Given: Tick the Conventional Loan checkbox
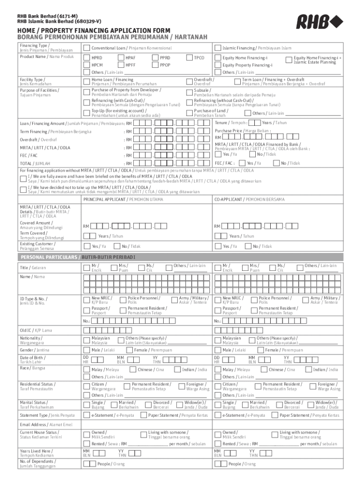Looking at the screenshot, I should (86, 48).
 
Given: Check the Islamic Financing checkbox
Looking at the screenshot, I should (217, 48).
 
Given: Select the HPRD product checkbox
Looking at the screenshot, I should (86, 58).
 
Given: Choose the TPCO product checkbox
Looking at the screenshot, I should (190, 58).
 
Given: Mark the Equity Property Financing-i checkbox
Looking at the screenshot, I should (217, 65).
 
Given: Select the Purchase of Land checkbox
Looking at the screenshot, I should (190, 113).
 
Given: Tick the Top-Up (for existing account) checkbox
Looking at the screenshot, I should (86, 113).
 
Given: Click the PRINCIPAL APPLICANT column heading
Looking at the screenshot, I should (123, 199).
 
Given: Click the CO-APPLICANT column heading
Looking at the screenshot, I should (249, 199).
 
